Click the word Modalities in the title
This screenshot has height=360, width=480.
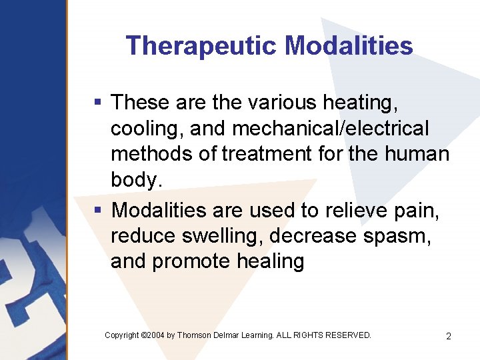pyautogui.click(x=349, y=46)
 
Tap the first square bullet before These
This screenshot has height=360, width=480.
pyautogui.click(x=98, y=102)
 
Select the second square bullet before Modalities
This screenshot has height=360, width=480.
pyautogui.click(x=98, y=210)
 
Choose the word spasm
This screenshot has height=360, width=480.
pyautogui.click(x=405, y=236)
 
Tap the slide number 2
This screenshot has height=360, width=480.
pyautogui.click(x=449, y=336)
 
